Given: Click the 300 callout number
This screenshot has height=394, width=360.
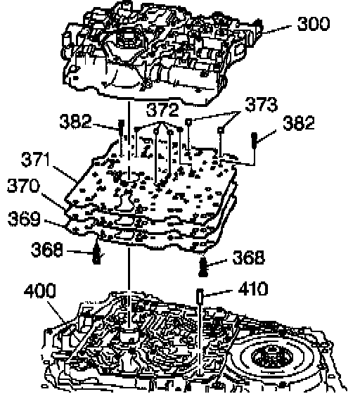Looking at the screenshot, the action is (313, 24).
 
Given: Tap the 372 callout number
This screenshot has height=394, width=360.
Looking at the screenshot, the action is (162, 110).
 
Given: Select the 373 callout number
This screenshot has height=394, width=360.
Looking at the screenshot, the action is (261, 105).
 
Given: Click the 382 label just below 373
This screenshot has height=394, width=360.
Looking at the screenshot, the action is (299, 123).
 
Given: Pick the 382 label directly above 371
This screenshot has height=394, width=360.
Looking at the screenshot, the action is (75, 121).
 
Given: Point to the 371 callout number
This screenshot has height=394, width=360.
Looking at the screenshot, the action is (35, 159).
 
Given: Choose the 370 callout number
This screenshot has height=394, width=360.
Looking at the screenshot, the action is (23, 186).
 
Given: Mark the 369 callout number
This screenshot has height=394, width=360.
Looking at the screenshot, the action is (24, 219).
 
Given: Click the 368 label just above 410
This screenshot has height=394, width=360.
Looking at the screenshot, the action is (248, 257).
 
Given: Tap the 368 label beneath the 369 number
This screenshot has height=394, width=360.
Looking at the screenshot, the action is (46, 250).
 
